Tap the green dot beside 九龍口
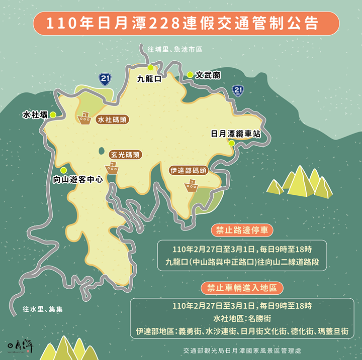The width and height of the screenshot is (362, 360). [150, 68]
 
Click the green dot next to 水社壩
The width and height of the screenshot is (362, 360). [53, 114]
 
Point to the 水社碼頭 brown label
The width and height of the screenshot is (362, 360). [113, 119]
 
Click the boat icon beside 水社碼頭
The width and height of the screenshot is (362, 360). [84, 119]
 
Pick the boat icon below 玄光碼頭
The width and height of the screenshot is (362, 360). [112, 168]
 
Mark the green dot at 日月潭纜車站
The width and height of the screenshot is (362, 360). [231, 143]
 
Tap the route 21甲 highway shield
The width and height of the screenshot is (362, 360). [239, 91]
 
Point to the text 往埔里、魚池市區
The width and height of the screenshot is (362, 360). [174, 50]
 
